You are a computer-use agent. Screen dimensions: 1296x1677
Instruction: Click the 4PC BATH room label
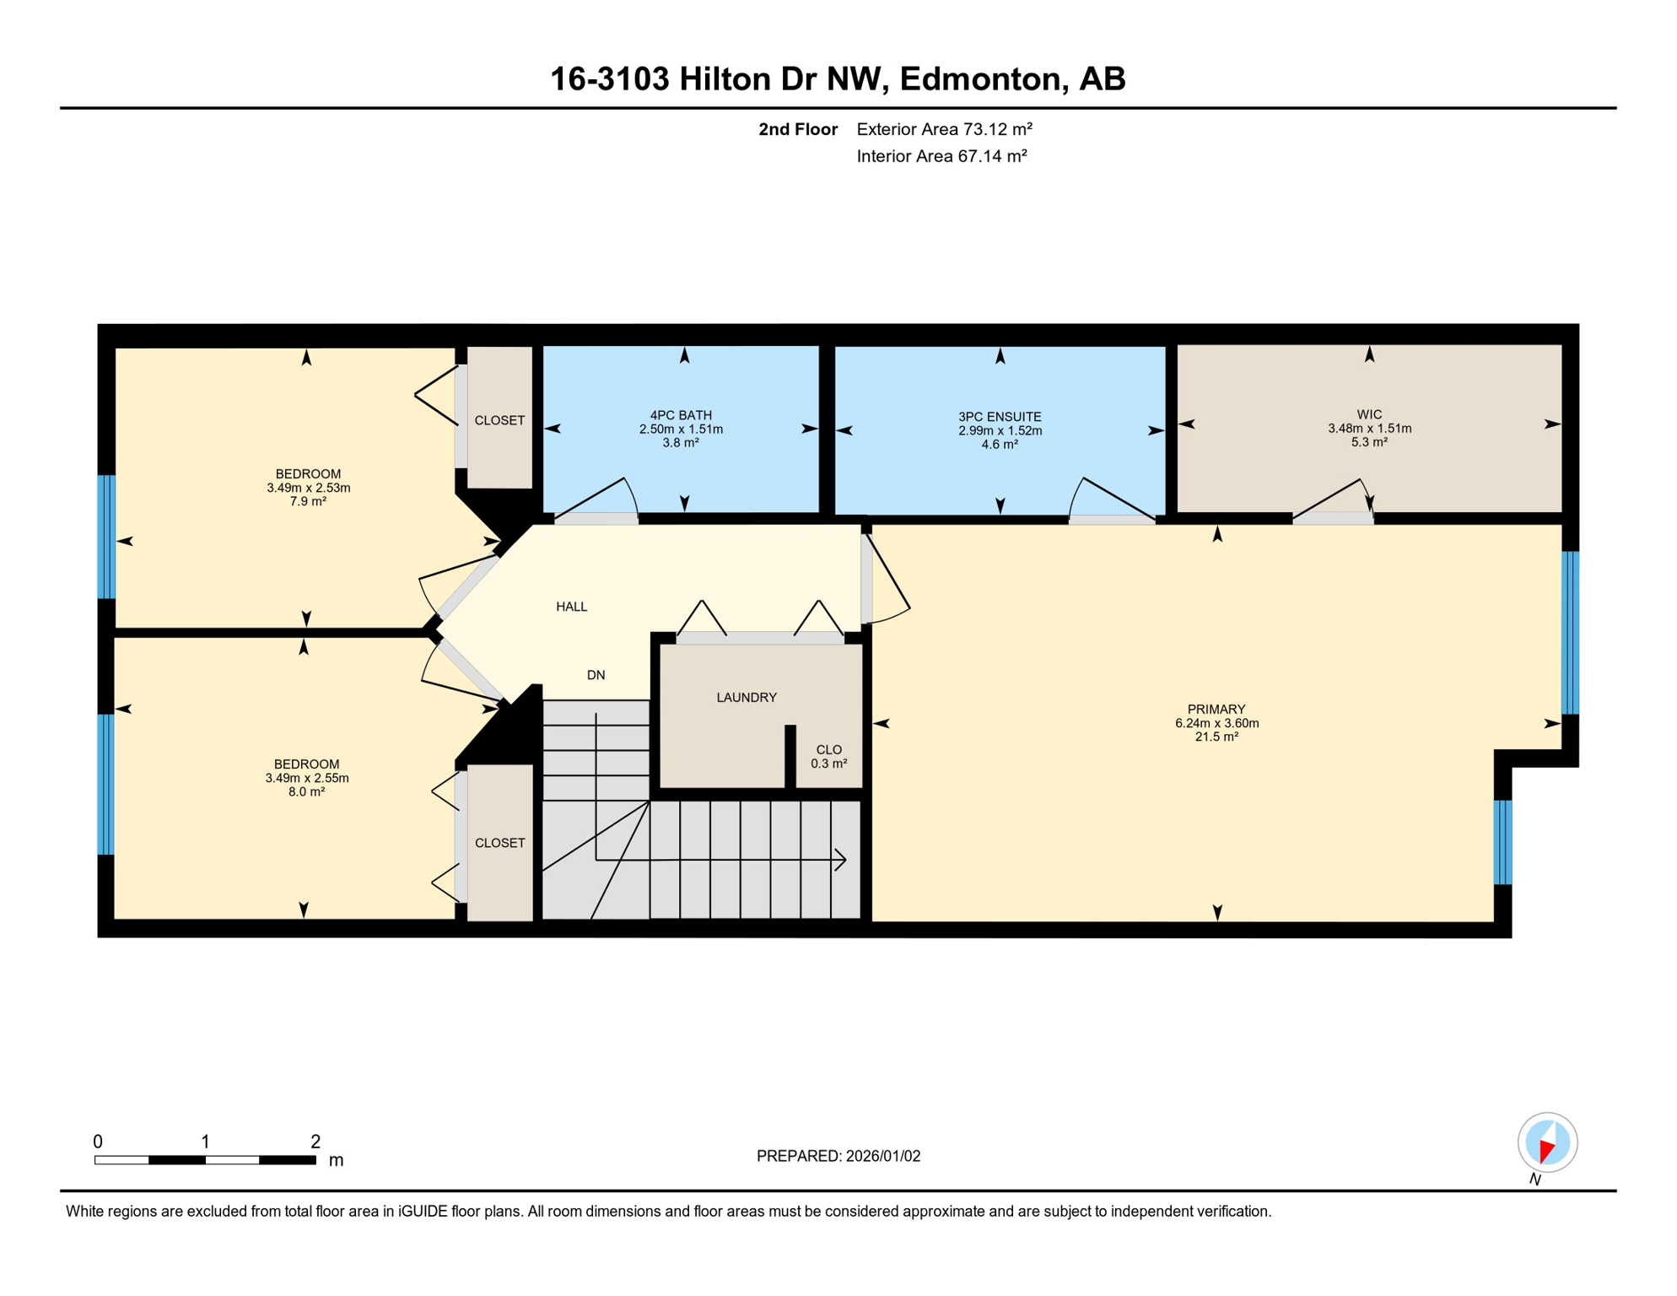click(680, 415)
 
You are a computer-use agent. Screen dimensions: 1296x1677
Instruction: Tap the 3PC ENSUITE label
click(1000, 417)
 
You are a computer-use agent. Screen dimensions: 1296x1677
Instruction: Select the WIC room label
click(1369, 414)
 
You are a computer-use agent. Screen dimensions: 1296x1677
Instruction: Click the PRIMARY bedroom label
click(1216, 710)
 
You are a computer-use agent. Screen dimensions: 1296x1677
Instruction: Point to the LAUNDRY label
click(747, 698)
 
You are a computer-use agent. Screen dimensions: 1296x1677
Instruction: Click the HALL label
click(571, 607)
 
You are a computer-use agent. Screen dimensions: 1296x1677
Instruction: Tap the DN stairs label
click(596, 675)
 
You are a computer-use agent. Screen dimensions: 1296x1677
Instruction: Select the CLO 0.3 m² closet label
click(828, 756)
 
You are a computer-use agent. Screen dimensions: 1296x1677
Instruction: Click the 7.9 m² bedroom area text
click(308, 501)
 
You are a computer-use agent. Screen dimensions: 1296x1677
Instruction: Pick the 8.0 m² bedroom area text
click(306, 792)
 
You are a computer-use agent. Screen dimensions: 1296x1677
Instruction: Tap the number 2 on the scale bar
click(315, 1142)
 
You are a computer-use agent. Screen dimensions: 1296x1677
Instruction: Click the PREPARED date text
click(838, 1156)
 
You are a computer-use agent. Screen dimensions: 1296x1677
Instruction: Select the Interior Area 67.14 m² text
click(941, 156)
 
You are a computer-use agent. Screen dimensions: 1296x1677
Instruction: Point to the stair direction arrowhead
click(841, 860)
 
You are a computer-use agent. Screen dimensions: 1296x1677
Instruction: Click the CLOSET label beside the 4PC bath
click(499, 420)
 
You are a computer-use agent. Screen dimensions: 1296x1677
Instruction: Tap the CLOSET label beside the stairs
click(499, 843)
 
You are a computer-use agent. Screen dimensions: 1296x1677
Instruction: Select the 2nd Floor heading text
click(797, 129)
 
